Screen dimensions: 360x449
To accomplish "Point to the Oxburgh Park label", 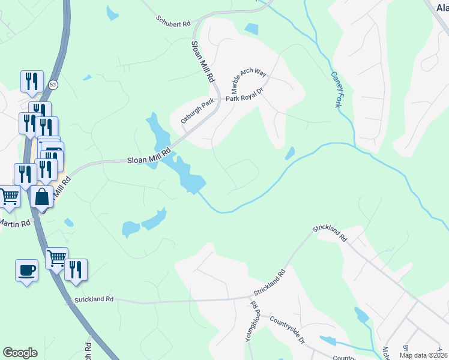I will click(x=197, y=112).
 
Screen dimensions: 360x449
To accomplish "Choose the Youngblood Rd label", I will click(x=255, y=324).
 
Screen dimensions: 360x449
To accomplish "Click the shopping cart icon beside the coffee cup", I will click(x=56, y=258).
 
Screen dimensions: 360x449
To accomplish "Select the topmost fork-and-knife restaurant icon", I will click(x=31, y=80).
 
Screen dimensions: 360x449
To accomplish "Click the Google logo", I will click(x=20, y=353).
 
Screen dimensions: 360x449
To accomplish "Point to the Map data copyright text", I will click(x=424, y=355).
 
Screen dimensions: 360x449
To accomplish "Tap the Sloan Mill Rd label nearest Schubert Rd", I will click(x=203, y=61).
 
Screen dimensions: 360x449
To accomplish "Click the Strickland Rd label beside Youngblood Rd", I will click(x=269, y=282).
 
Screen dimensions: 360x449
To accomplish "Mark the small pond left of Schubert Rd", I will click(x=112, y=13).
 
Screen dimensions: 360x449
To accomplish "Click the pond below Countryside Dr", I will click(x=328, y=341).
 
